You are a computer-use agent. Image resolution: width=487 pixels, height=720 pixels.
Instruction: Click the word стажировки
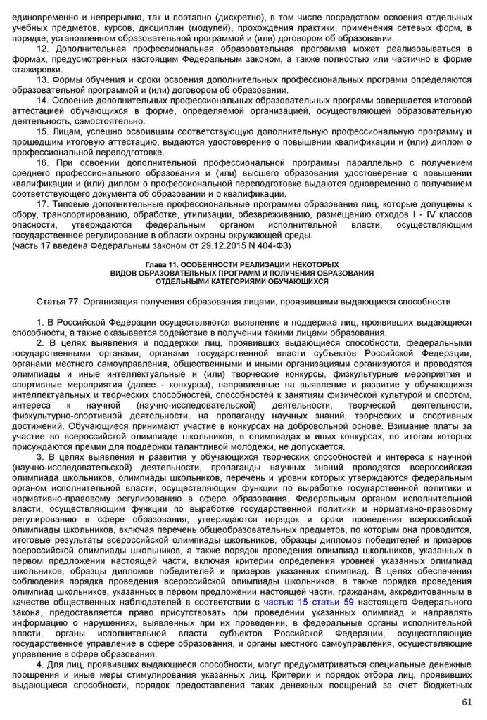click(37, 70)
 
